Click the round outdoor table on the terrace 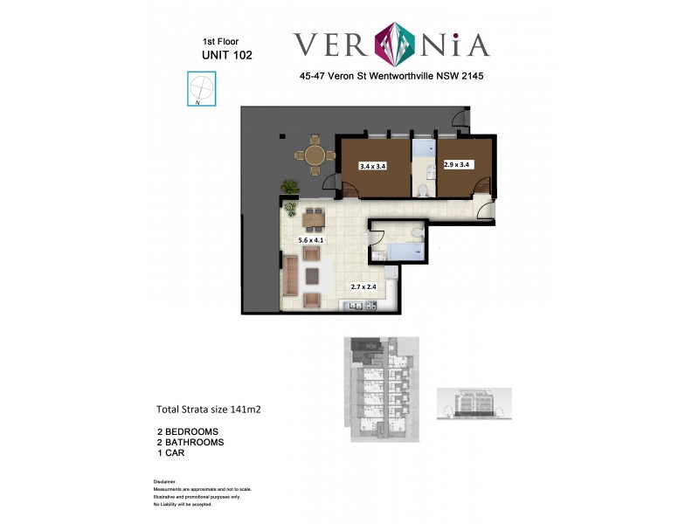(315, 155)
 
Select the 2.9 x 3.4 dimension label (457, 164)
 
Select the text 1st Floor (220, 41)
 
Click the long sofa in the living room (289, 278)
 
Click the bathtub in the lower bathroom (408, 252)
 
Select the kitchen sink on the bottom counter (354, 305)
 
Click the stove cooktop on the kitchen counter (370, 305)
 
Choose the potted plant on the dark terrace (289, 186)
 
